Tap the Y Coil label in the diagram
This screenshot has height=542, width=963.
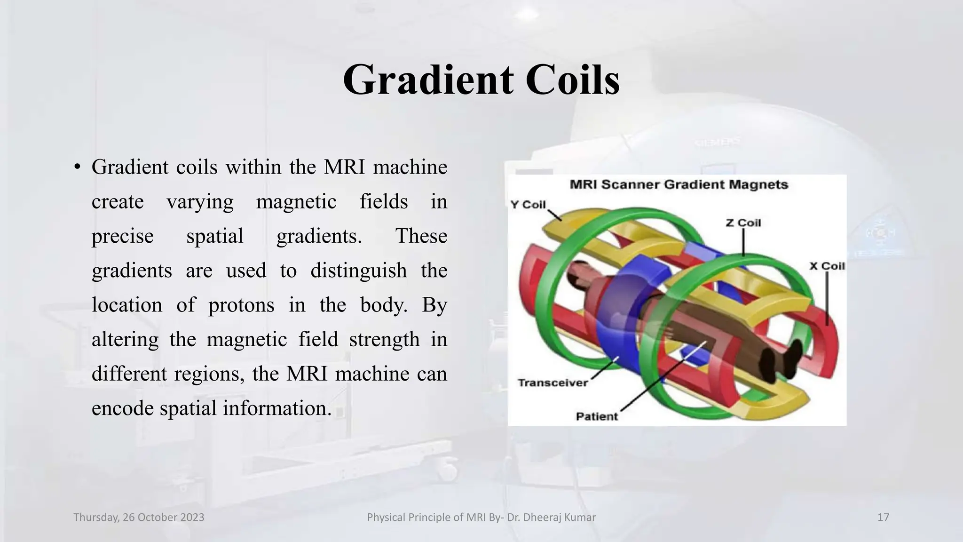point(528,205)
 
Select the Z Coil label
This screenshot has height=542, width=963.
point(743,223)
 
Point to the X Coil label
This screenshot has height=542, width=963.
point(827,266)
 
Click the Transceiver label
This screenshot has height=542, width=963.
point(553,383)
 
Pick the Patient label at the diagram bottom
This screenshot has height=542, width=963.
point(597,416)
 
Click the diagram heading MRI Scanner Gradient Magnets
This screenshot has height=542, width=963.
point(679,184)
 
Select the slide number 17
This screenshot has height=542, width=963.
point(883,518)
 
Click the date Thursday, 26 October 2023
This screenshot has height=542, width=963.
point(139,518)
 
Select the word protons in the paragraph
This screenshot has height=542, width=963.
point(241,305)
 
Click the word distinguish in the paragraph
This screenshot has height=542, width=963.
point(358,271)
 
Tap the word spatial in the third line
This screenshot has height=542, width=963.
point(214,236)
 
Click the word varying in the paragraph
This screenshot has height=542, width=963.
point(200,201)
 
